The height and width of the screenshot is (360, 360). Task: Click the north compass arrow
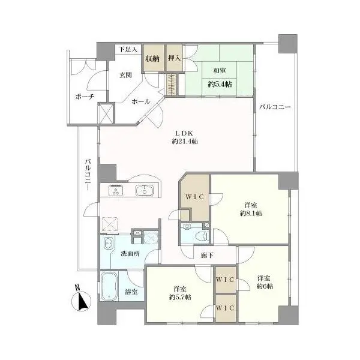83,300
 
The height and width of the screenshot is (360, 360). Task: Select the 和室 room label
219,71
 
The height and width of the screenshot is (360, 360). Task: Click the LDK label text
184,133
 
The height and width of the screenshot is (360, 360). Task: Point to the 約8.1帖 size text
250,214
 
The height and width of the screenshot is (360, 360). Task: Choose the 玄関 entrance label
124,74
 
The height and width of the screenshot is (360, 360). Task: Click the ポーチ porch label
84,97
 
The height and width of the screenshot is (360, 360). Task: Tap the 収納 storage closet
152,59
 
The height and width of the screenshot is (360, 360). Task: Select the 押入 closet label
174,59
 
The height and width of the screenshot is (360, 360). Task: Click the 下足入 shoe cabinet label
128,49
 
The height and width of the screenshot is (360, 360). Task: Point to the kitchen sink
144,191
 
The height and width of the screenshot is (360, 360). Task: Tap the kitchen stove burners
116,191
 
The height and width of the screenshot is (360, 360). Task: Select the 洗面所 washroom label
129,253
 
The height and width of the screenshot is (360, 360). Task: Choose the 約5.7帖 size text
180,297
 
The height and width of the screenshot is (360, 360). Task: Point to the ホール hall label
140,101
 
